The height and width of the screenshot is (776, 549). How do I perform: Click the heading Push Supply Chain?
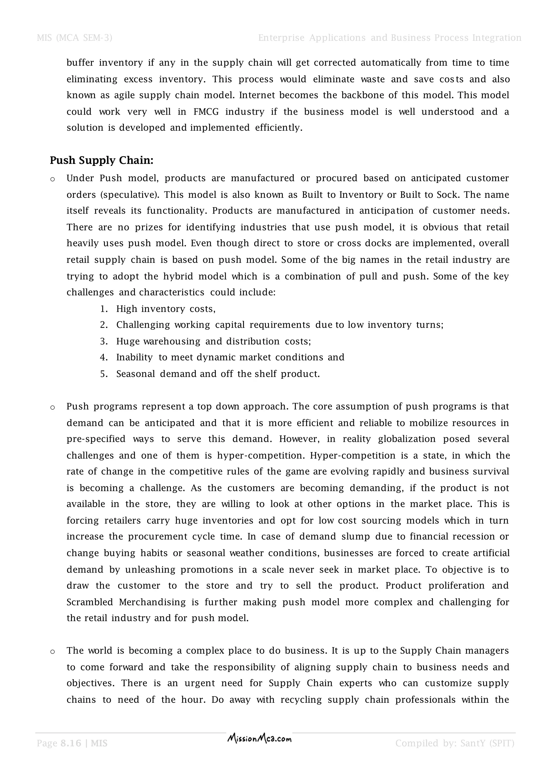point(101,161)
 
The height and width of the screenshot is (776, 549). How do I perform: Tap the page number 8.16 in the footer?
point(71,743)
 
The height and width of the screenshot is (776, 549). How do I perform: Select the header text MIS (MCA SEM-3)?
point(74,38)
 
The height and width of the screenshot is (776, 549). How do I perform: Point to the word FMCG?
point(206,112)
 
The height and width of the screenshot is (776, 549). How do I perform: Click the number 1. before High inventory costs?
point(104,309)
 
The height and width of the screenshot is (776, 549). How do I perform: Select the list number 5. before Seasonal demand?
point(104,374)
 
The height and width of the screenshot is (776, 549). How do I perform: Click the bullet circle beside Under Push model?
point(52,180)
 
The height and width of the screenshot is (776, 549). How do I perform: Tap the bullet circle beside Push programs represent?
point(52,408)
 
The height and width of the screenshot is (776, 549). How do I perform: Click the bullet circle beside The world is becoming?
point(52,652)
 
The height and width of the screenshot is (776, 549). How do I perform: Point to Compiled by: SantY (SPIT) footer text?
point(455,743)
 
